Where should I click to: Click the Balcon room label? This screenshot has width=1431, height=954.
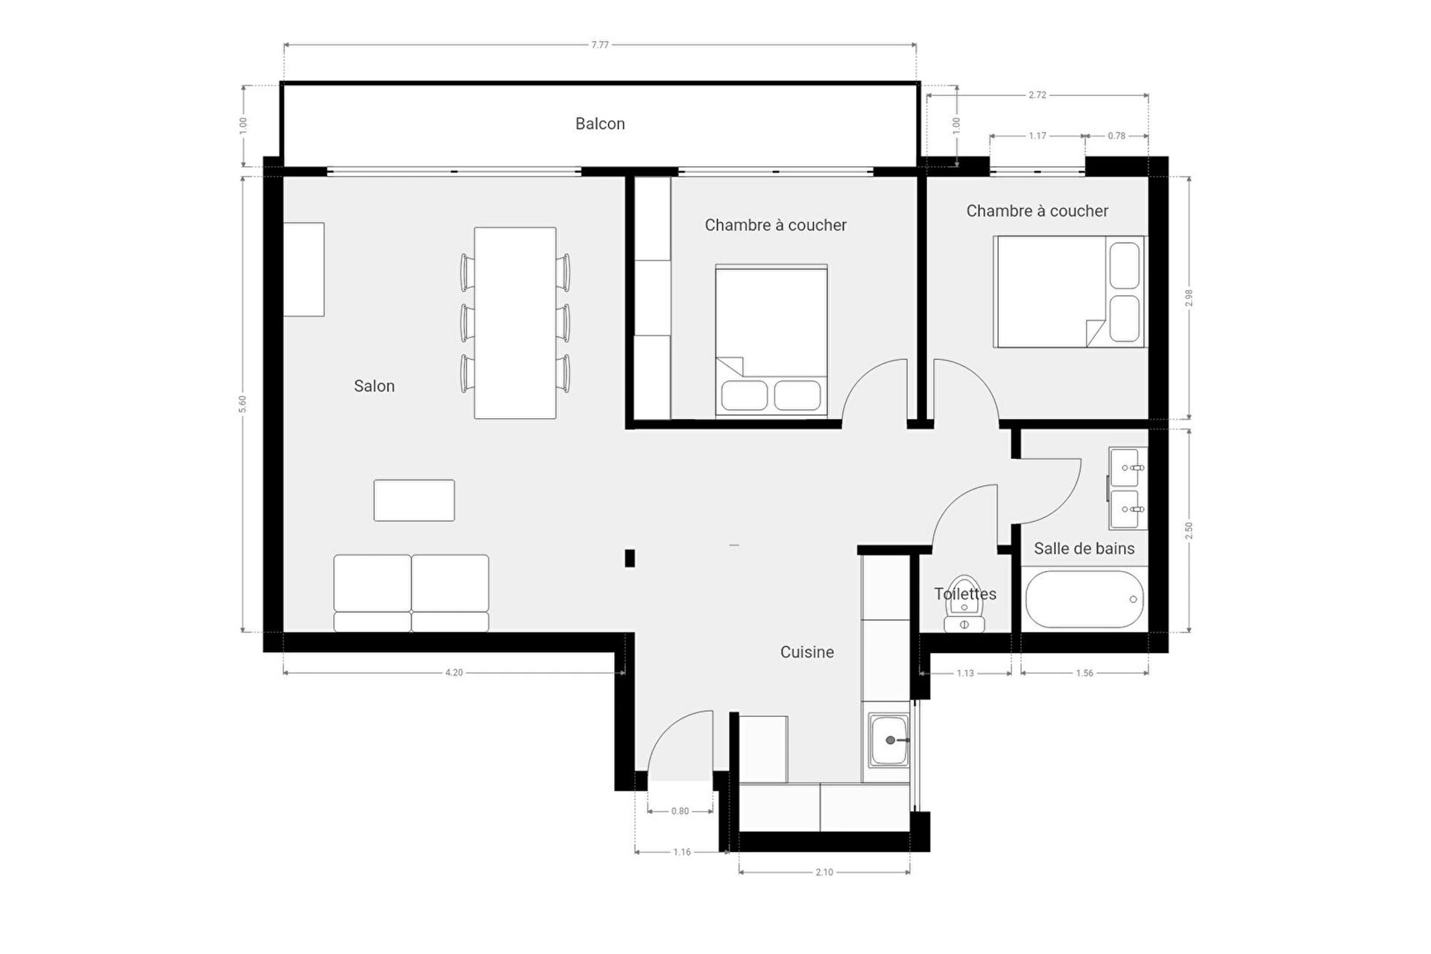point(600,124)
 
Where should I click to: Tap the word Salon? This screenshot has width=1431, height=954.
point(374,386)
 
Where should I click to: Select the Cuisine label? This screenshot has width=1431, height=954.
point(807,652)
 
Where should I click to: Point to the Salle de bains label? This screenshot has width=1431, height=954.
point(1084,549)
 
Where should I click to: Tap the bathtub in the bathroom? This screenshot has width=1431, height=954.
point(1084,599)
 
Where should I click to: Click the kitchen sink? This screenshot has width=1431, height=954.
point(889,740)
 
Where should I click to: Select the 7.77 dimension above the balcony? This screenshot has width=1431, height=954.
point(600,45)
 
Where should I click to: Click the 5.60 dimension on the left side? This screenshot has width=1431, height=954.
point(242,404)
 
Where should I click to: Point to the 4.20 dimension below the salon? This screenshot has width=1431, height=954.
point(454,672)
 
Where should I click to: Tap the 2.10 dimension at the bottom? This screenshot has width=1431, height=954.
point(824,872)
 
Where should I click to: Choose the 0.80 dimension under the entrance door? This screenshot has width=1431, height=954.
point(680,811)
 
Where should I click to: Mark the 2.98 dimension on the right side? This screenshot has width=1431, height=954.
point(1189,298)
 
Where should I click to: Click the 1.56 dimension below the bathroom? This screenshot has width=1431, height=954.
point(1084,673)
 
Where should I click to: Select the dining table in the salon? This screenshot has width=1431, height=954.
point(515,323)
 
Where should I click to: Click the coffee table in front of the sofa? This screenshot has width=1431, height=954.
point(414,500)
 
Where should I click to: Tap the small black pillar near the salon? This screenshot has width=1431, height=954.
point(630,557)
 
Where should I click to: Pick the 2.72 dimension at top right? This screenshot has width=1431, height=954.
point(1037,95)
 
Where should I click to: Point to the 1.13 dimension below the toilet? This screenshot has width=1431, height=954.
point(965,673)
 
